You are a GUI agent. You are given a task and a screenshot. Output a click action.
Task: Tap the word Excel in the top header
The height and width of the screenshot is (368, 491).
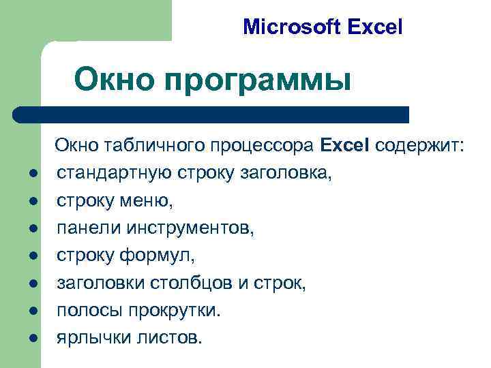[x=375, y=27]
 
